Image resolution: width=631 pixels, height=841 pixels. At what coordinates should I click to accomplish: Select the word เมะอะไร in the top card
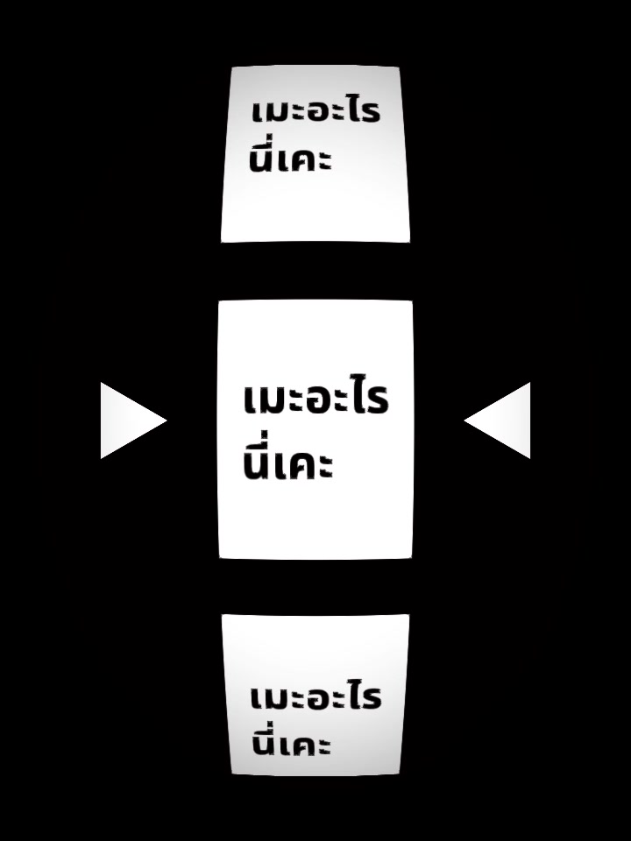pyautogui.click(x=316, y=110)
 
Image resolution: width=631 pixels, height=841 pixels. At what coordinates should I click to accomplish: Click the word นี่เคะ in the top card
pyautogui.click(x=291, y=156)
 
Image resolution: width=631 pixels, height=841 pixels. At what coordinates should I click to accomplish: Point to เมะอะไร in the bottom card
pyautogui.click(x=316, y=696)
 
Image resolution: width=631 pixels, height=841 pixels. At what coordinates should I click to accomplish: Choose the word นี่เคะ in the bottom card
pyautogui.click(x=291, y=740)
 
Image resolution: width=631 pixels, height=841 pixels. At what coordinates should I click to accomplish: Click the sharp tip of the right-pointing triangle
pyautogui.click(x=167, y=420)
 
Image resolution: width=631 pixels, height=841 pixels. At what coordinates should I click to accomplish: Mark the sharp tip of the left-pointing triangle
pyautogui.click(x=464, y=420)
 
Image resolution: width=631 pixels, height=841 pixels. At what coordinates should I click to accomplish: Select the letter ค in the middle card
pyautogui.click(x=305, y=464)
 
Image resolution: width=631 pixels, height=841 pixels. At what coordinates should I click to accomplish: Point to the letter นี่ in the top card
pyautogui.click(x=262, y=156)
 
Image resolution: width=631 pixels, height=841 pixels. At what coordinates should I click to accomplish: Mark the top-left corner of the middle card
pyautogui.click(x=218, y=300)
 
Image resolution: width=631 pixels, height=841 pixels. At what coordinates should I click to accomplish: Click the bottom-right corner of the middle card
pyautogui.click(x=412, y=558)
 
